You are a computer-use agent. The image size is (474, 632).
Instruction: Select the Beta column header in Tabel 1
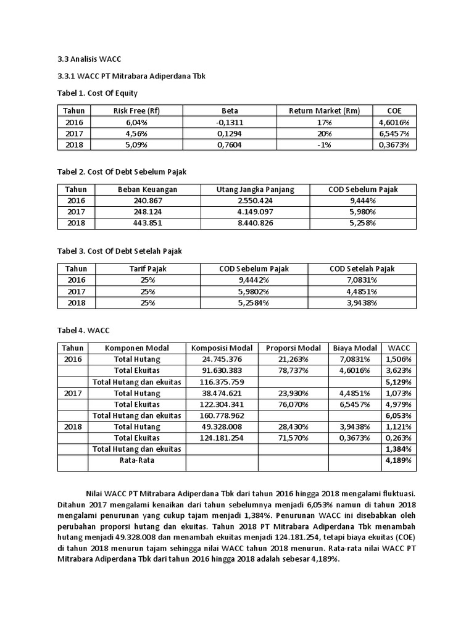(229, 110)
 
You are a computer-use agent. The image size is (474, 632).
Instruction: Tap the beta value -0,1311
(229, 122)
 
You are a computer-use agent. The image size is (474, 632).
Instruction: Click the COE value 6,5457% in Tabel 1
(394, 133)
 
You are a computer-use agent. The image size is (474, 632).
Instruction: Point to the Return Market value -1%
(325, 145)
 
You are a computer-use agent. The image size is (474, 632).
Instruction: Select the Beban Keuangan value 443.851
(148, 223)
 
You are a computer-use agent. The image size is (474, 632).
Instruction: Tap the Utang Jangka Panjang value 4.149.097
(247, 212)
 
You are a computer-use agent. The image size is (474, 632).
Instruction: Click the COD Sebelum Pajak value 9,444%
(362, 201)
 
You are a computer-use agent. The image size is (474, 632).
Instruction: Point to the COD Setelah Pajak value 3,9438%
(362, 303)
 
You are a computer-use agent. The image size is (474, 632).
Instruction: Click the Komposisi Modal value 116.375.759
(222, 383)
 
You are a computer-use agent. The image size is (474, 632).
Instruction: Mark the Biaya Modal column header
(355, 348)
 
